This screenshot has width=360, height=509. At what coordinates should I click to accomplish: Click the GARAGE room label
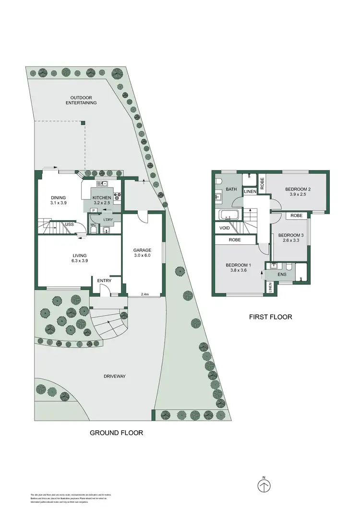pos(143,250)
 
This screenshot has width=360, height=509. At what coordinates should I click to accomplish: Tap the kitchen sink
pos(103,184)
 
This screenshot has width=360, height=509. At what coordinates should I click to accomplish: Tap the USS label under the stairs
pos(70,224)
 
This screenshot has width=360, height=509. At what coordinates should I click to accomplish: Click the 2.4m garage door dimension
pos(145,294)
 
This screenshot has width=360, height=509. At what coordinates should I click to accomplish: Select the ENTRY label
pos(104,281)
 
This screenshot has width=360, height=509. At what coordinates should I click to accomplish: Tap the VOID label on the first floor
pos(224,228)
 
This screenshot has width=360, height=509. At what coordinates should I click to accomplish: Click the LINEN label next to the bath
pos(250,192)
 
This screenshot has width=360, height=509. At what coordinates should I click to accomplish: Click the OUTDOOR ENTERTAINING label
pos(81,100)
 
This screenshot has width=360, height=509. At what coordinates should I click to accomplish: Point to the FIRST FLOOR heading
pos(270,317)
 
